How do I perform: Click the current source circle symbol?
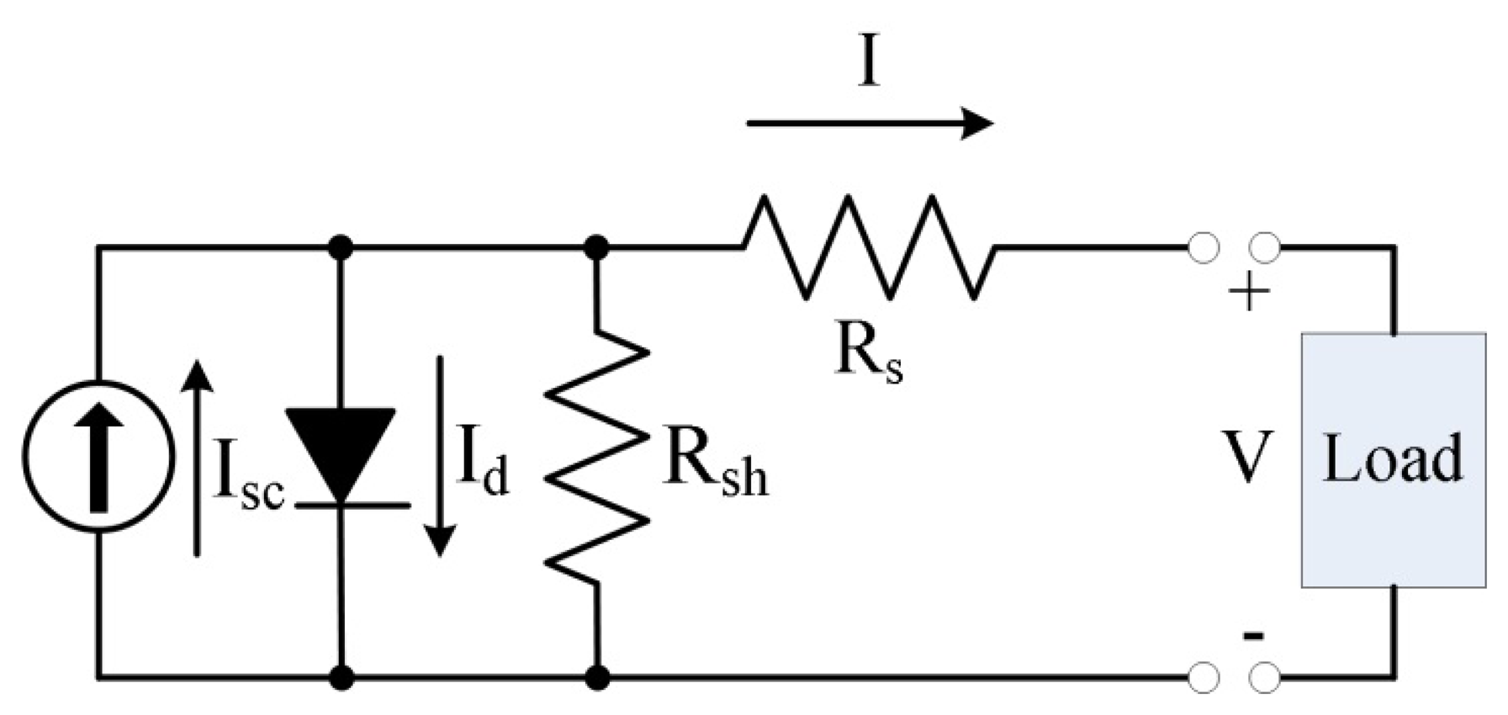click(98, 457)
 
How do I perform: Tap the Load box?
click(1393, 459)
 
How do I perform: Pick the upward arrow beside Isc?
click(197, 458)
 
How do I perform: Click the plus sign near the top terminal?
click(1249, 294)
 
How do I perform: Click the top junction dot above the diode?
click(341, 247)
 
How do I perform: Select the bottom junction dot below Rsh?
click(597, 677)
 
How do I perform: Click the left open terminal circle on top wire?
click(1204, 248)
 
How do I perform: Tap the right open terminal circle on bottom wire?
click(1265, 677)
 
